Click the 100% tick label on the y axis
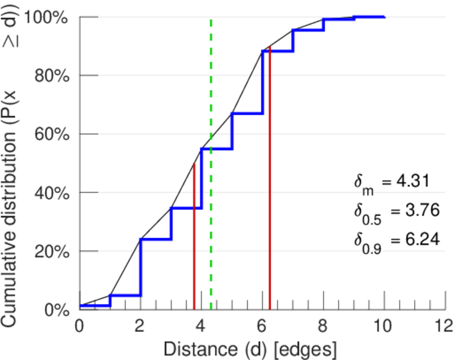click(47, 17)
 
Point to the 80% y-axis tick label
click(51, 76)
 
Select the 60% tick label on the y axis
click(51, 134)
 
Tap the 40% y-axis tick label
click(51, 193)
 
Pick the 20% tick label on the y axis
click(51, 251)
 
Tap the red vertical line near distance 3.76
click(194, 240)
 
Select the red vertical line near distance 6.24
click(270, 180)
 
